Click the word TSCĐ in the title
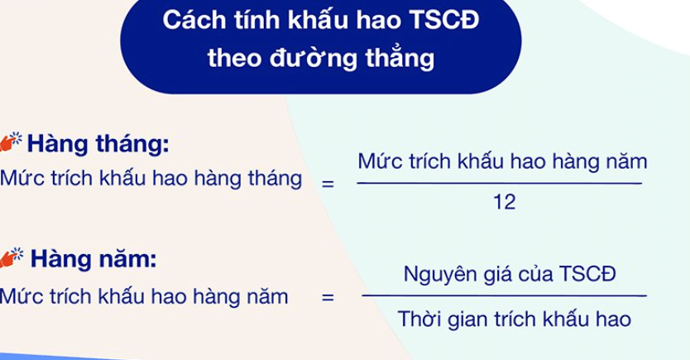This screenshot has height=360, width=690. coord(444,20)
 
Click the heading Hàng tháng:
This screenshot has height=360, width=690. coord(98,144)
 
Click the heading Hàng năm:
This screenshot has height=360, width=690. coord(93,258)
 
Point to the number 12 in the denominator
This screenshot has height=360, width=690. coord(505,203)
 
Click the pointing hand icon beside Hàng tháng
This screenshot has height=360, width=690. coord(11,142)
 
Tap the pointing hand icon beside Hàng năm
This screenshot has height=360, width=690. coord(12,257)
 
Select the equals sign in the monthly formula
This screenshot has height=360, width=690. coord(328,184)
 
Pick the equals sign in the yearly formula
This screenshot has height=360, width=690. coord(328,297)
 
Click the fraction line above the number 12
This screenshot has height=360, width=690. coord(500,183)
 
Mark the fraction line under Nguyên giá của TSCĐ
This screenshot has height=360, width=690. coord(505,295)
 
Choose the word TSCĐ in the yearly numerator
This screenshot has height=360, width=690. coord(588,274)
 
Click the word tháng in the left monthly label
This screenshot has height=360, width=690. coord(275,179)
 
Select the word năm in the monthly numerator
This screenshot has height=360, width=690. coord(626,161)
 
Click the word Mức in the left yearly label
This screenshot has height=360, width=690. coord(22,295)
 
